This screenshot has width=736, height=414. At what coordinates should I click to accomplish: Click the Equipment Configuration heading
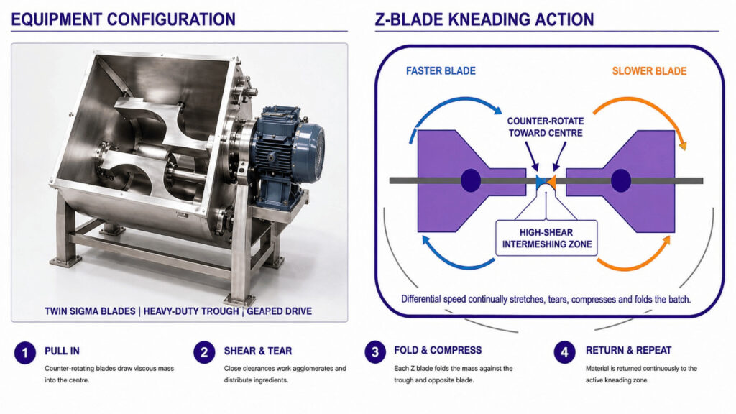pyautogui.click(x=123, y=19)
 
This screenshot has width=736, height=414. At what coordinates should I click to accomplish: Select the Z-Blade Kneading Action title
pyautogui.click(x=484, y=19)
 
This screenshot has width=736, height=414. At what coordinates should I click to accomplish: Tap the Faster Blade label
pyautogui.click(x=441, y=71)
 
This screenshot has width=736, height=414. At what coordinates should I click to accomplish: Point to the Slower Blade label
pyautogui.click(x=649, y=71)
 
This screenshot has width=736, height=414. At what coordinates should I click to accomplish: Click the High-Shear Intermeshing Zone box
pyautogui.click(x=547, y=238)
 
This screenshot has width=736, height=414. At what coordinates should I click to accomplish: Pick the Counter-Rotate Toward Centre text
pyautogui.click(x=546, y=126)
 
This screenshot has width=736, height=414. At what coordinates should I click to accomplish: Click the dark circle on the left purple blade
pyautogui.click(x=471, y=180)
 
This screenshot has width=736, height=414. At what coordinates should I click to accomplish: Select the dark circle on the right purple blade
pyautogui.click(x=620, y=180)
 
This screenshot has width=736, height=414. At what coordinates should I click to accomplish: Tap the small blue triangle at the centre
pyautogui.click(x=540, y=182)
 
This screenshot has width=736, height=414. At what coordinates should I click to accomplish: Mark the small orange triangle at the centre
pyautogui.click(x=551, y=182)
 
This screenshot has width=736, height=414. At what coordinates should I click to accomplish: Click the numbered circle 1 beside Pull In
pyautogui.click(x=25, y=352)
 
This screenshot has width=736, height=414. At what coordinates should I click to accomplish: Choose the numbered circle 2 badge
pyautogui.click(x=204, y=352)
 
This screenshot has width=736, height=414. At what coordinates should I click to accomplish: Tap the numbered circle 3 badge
pyautogui.click(x=375, y=352)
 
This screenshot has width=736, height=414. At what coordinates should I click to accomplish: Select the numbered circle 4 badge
pyautogui.click(x=564, y=352)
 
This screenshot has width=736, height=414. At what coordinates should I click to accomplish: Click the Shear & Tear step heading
pyautogui.click(x=258, y=351)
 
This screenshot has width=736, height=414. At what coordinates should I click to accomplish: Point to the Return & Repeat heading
pyautogui.click(x=628, y=351)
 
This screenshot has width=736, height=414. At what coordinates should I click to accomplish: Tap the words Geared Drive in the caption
pyautogui.click(x=280, y=311)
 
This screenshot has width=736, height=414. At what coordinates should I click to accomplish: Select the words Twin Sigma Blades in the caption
pyautogui.click(x=90, y=311)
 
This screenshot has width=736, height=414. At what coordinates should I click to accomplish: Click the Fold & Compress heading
pyautogui.click(x=438, y=351)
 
